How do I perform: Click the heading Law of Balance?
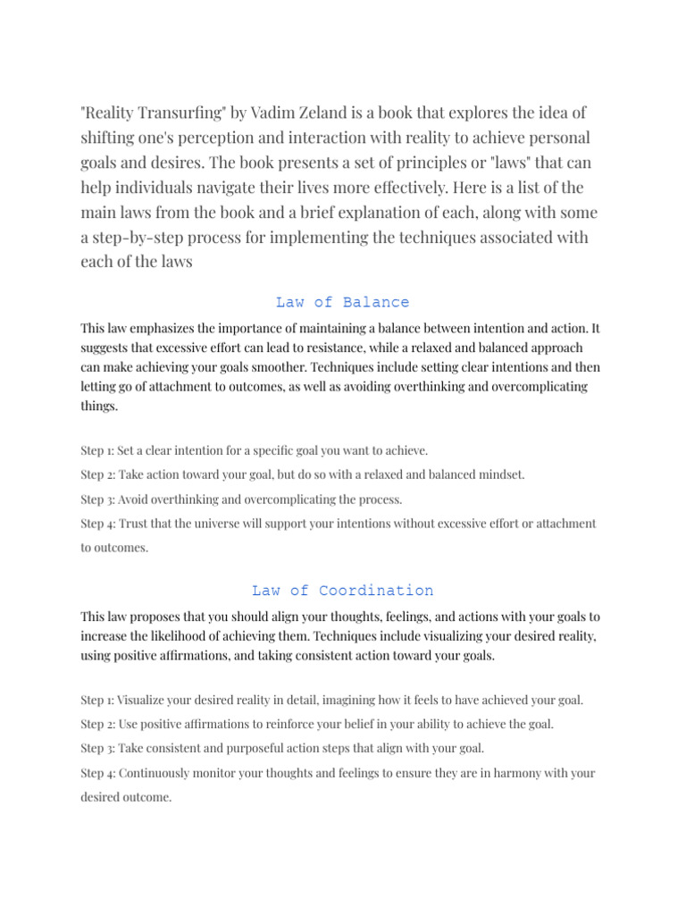pyautogui.click(x=342, y=302)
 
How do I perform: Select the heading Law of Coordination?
pyautogui.click(x=342, y=591)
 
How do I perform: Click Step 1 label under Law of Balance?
pyautogui.click(x=97, y=450)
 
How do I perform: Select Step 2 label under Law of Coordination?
pyautogui.click(x=97, y=723)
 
